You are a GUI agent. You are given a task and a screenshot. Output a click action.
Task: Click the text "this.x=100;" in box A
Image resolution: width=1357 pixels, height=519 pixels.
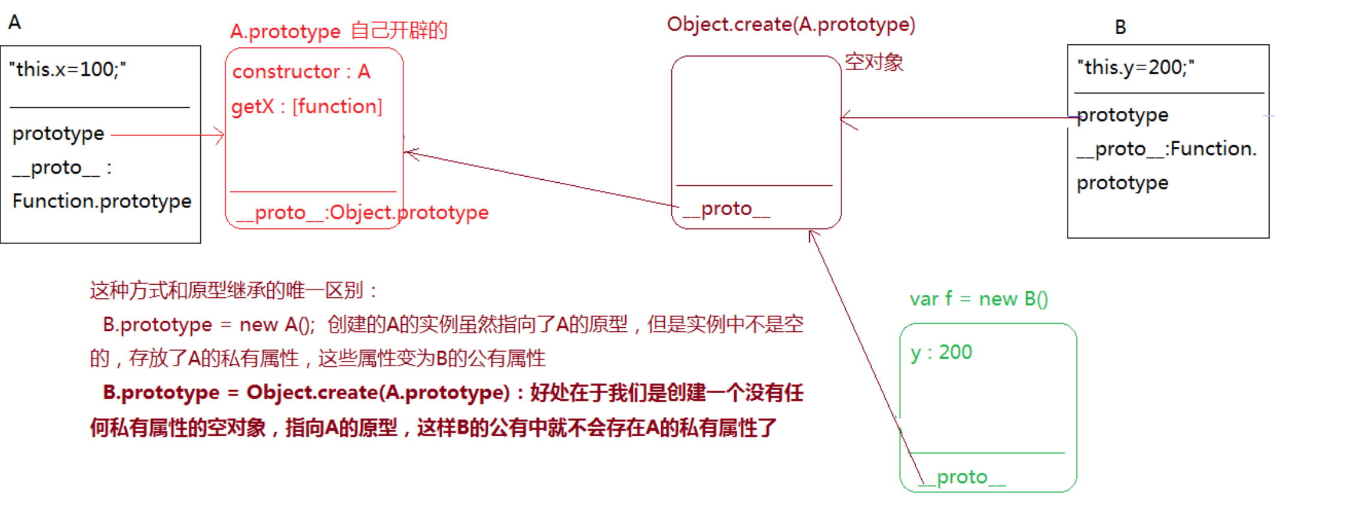(x=68, y=70)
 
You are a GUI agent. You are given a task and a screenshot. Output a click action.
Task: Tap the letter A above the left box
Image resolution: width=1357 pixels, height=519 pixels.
(x=14, y=22)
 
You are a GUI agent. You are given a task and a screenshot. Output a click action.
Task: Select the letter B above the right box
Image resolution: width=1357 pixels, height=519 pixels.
(x=1120, y=27)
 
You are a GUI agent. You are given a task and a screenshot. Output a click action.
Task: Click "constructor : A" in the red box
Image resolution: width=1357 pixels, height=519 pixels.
(x=301, y=72)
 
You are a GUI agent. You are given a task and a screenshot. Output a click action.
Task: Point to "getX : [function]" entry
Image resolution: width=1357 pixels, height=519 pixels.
(x=307, y=107)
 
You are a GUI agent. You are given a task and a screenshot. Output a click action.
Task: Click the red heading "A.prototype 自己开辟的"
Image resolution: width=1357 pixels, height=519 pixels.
(x=339, y=31)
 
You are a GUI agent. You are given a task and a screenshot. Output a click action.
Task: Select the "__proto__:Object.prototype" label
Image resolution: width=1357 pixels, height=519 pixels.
(x=363, y=212)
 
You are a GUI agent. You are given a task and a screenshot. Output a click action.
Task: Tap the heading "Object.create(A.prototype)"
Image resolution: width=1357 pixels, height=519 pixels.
(x=791, y=25)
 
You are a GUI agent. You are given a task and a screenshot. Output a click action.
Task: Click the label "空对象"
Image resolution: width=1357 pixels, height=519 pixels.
(x=874, y=62)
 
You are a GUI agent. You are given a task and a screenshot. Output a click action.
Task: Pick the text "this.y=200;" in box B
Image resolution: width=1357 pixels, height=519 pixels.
(x=1136, y=67)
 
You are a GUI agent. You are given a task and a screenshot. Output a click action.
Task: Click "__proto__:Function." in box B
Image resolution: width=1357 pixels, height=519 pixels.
(x=1167, y=149)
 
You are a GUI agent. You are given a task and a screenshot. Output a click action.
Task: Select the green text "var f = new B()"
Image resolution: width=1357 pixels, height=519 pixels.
(x=979, y=298)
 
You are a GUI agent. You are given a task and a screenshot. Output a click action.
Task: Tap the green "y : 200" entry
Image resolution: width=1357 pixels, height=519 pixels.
(x=941, y=352)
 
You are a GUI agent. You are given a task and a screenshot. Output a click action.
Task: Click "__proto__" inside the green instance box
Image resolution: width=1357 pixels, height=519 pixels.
(x=962, y=477)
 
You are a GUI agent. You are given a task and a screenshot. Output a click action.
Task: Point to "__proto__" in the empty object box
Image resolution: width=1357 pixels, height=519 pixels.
(x=726, y=209)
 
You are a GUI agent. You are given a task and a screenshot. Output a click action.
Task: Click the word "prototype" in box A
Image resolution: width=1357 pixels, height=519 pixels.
(x=58, y=134)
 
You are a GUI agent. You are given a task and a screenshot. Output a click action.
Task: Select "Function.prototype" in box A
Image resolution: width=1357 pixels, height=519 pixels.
(x=102, y=201)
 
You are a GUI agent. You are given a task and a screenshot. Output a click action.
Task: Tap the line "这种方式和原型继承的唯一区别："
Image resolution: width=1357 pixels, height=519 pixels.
(x=234, y=291)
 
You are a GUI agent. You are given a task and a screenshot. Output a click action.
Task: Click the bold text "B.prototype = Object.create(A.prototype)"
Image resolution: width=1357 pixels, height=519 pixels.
(x=306, y=393)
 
